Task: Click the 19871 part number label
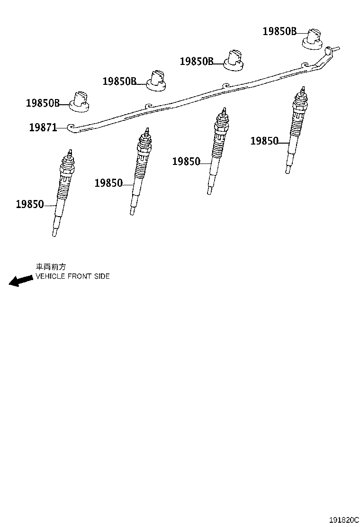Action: coord(43,127)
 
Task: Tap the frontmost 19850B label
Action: coord(43,103)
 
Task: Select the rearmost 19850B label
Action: coord(279,31)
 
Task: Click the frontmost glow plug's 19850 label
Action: coord(30,204)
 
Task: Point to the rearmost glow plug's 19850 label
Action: coord(265,141)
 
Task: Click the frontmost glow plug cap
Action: coord(80,101)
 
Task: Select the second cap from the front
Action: coord(156,80)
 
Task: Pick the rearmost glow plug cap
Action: coord(313,39)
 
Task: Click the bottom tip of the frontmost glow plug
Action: coord(54,235)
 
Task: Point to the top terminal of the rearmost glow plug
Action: coord(303,90)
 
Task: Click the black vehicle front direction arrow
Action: coord(21,280)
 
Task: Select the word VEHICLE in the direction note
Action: coord(50,276)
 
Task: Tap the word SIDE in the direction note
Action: coord(102,276)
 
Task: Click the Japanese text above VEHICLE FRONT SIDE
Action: coord(51,267)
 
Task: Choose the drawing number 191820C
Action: coord(343,520)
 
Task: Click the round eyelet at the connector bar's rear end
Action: coord(328,52)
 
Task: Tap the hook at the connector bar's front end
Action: coord(72,127)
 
